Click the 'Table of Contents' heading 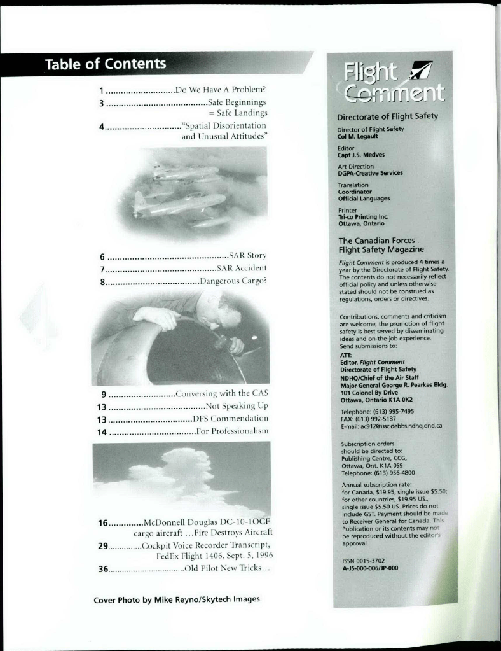(x=106, y=64)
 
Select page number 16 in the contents (x=103, y=522)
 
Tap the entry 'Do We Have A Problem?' (x=221, y=89)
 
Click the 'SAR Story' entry (x=247, y=255)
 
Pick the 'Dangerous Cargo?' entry (x=233, y=281)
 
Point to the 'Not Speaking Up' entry (x=237, y=405)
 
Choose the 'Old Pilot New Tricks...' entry (x=227, y=568)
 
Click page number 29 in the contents (x=103, y=546)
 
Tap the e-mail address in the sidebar (x=391, y=426)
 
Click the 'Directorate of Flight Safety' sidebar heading (x=387, y=116)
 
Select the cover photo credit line (x=177, y=599)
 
